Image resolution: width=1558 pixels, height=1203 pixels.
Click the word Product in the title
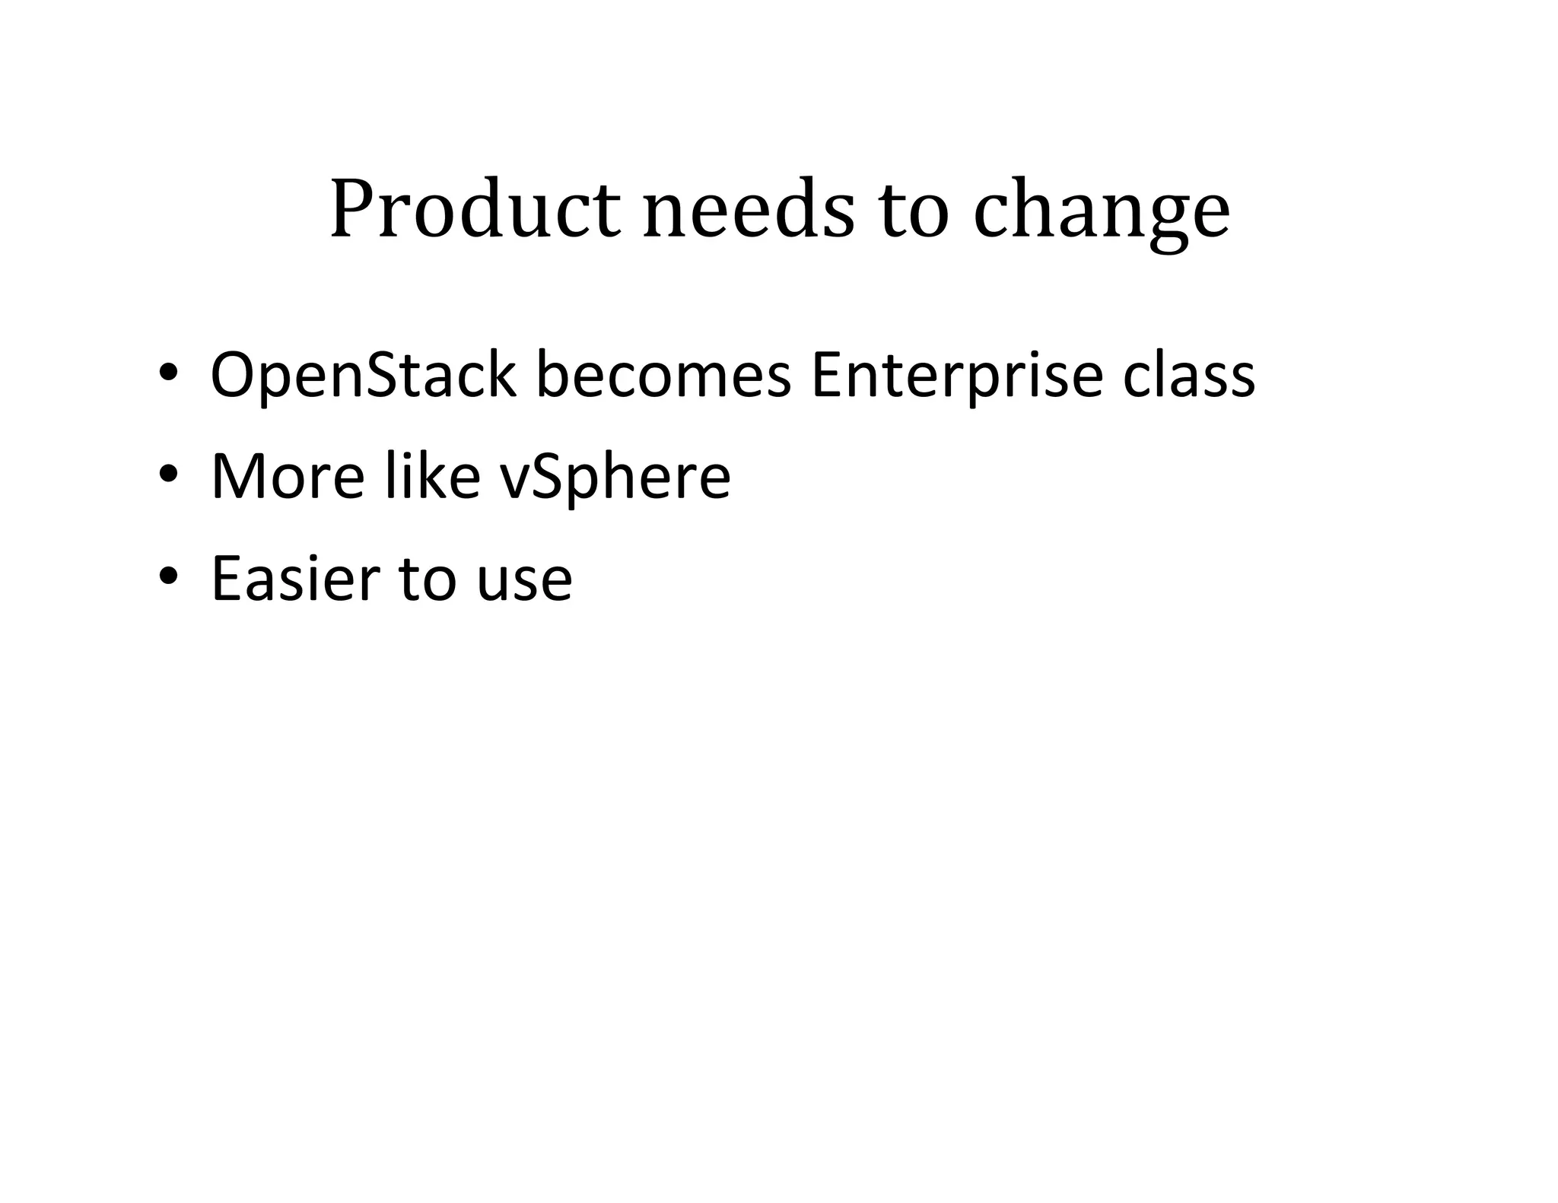tap(475, 209)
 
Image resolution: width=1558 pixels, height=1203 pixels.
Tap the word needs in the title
tap(749, 209)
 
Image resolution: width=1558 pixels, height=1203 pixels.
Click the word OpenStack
tap(363, 376)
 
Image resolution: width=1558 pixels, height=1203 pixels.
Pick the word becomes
tap(663, 374)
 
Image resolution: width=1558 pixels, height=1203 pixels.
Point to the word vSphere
tap(615, 478)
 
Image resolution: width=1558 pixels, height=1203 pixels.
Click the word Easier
tap(294, 578)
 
